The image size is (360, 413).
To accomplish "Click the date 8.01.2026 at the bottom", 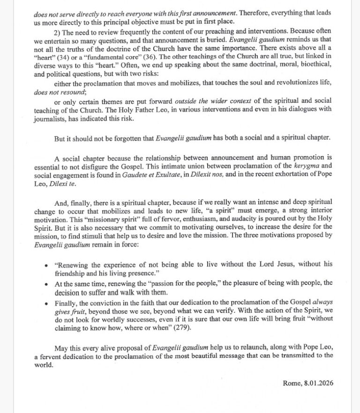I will pos(315,383).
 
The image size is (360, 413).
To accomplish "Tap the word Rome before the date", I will pos(292,383).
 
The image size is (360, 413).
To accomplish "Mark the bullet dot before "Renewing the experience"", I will pos(45,266).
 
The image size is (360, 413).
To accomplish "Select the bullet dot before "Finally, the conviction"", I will pos(45,303).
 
